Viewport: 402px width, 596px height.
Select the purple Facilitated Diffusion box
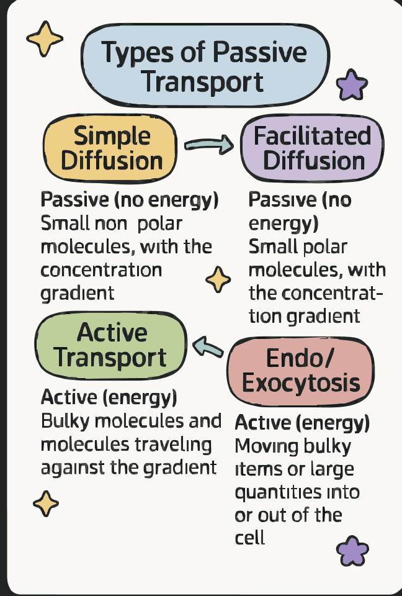click(312, 148)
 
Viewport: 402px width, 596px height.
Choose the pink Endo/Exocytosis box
click(301, 371)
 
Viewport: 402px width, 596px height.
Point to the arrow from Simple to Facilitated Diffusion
click(208, 145)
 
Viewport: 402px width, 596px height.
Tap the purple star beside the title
click(352, 86)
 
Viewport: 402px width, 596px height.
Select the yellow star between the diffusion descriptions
click(218, 279)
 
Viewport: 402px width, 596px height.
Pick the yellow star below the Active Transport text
click(45, 503)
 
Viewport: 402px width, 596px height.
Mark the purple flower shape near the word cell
click(352, 550)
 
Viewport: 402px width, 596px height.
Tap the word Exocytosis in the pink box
click(301, 382)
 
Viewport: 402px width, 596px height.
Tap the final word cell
click(249, 537)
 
